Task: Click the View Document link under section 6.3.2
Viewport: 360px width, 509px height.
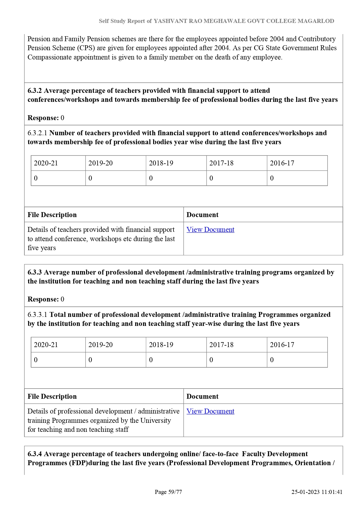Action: coord(210,230)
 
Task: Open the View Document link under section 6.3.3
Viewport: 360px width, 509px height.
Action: coord(210,411)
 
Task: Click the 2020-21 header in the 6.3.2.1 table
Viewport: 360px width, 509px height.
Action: coord(46,163)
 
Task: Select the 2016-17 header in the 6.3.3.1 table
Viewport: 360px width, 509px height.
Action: coord(282,345)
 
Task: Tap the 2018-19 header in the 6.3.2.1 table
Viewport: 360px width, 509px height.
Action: coord(161,163)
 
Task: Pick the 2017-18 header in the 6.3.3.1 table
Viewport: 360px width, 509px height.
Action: coord(221,345)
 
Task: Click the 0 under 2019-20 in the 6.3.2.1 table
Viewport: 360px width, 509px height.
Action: coord(90,178)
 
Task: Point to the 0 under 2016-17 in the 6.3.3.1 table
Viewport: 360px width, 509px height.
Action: coord(272,360)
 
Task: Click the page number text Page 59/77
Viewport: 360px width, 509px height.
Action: coord(168,492)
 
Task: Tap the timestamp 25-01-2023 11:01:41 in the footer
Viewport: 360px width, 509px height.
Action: coord(317,492)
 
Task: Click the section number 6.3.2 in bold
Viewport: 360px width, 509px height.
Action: coord(35,91)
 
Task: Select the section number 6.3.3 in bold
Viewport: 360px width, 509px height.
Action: coord(35,272)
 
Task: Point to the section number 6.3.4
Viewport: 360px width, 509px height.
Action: coord(35,454)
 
